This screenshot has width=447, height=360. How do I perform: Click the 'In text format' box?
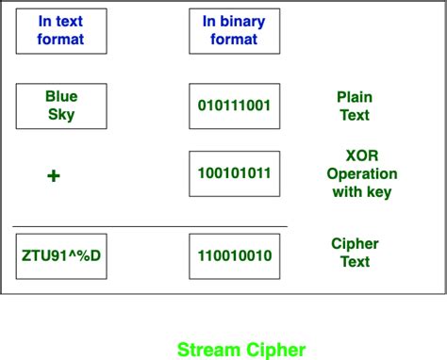coord(61,30)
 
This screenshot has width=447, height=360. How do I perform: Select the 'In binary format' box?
coord(234,30)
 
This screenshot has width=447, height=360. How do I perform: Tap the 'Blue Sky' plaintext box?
coord(61,106)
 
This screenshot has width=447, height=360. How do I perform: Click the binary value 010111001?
coord(234,106)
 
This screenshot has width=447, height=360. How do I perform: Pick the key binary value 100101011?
coord(234,174)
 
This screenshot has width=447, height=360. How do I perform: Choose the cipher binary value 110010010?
coord(234,255)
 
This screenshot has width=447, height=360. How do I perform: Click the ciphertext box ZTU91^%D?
coord(61,255)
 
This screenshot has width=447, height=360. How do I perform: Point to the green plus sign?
coord(54,175)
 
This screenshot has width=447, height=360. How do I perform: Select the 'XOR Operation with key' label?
coord(362,174)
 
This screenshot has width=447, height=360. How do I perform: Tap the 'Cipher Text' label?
coord(355,252)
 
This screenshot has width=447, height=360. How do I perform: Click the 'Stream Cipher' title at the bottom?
coord(241,350)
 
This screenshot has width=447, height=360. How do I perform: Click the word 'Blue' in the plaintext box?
coord(61,96)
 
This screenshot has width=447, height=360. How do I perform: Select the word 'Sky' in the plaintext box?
coord(61,115)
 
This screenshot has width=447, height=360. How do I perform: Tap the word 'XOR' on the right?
coord(362,155)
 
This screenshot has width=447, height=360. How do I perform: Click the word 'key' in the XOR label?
coord(378,192)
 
